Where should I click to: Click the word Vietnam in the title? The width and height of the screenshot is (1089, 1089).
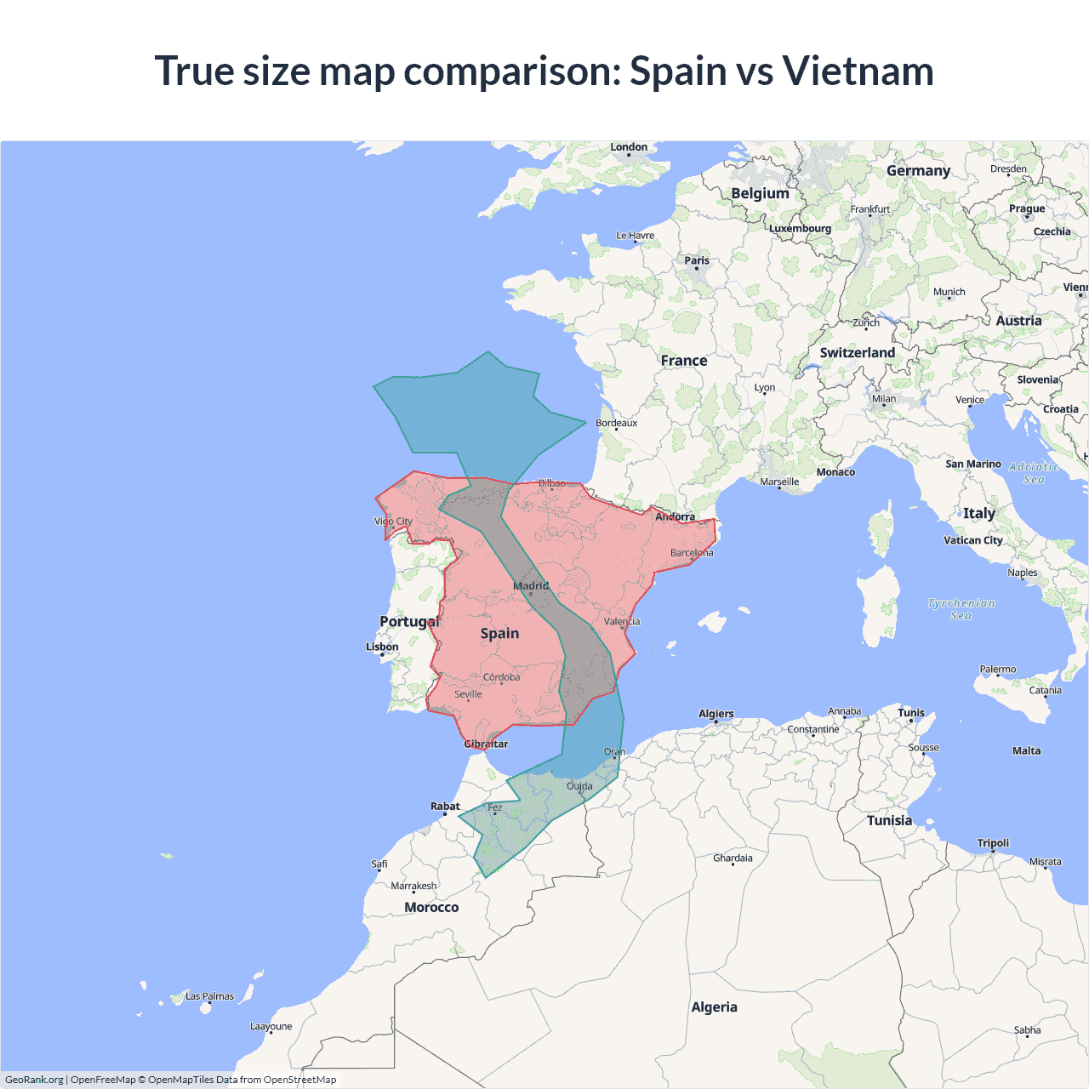(x=858, y=71)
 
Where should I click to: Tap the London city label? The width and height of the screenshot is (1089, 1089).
(x=629, y=147)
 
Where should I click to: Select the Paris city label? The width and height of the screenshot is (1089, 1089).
(x=697, y=261)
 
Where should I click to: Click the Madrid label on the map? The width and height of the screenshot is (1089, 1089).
(x=531, y=586)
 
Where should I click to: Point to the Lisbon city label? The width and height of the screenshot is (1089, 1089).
(x=382, y=647)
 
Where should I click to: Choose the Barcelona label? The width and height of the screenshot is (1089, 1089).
(x=692, y=553)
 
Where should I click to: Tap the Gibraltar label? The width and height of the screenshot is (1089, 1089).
(x=486, y=744)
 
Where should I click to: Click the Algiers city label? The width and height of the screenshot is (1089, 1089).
(x=716, y=714)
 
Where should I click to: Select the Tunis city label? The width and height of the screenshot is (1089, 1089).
(x=910, y=713)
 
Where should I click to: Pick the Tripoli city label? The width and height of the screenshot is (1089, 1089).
(x=993, y=843)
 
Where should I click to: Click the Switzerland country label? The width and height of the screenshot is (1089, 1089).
(x=857, y=353)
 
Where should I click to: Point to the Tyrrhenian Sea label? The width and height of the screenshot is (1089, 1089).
(x=961, y=609)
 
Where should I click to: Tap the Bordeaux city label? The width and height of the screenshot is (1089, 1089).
(x=616, y=423)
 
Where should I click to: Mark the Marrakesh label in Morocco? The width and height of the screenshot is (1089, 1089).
(x=413, y=886)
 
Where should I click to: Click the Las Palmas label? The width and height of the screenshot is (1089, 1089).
(x=209, y=996)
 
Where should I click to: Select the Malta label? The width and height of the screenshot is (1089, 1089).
(x=1026, y=750)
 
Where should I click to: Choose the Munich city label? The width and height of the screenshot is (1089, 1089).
(x=949, y=292)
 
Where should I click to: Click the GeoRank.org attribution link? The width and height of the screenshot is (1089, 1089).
(x=34, y=1080)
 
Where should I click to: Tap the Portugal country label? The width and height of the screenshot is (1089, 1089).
(x=409, y=621)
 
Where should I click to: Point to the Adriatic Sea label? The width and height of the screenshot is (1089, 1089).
(x=1034, y=473)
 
